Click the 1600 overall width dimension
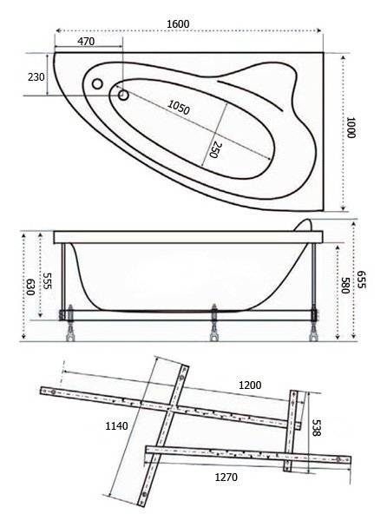coord(178,23)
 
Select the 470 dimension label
coord(86,42)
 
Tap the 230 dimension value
coord(36,77)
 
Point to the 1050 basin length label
coord(179,107)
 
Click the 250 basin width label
coord(215,149)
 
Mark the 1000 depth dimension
coord(351,128)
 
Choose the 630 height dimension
coord(30,287)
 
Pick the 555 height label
coord(48,280)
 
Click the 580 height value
coord(345,286)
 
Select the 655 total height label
coord(361,280)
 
